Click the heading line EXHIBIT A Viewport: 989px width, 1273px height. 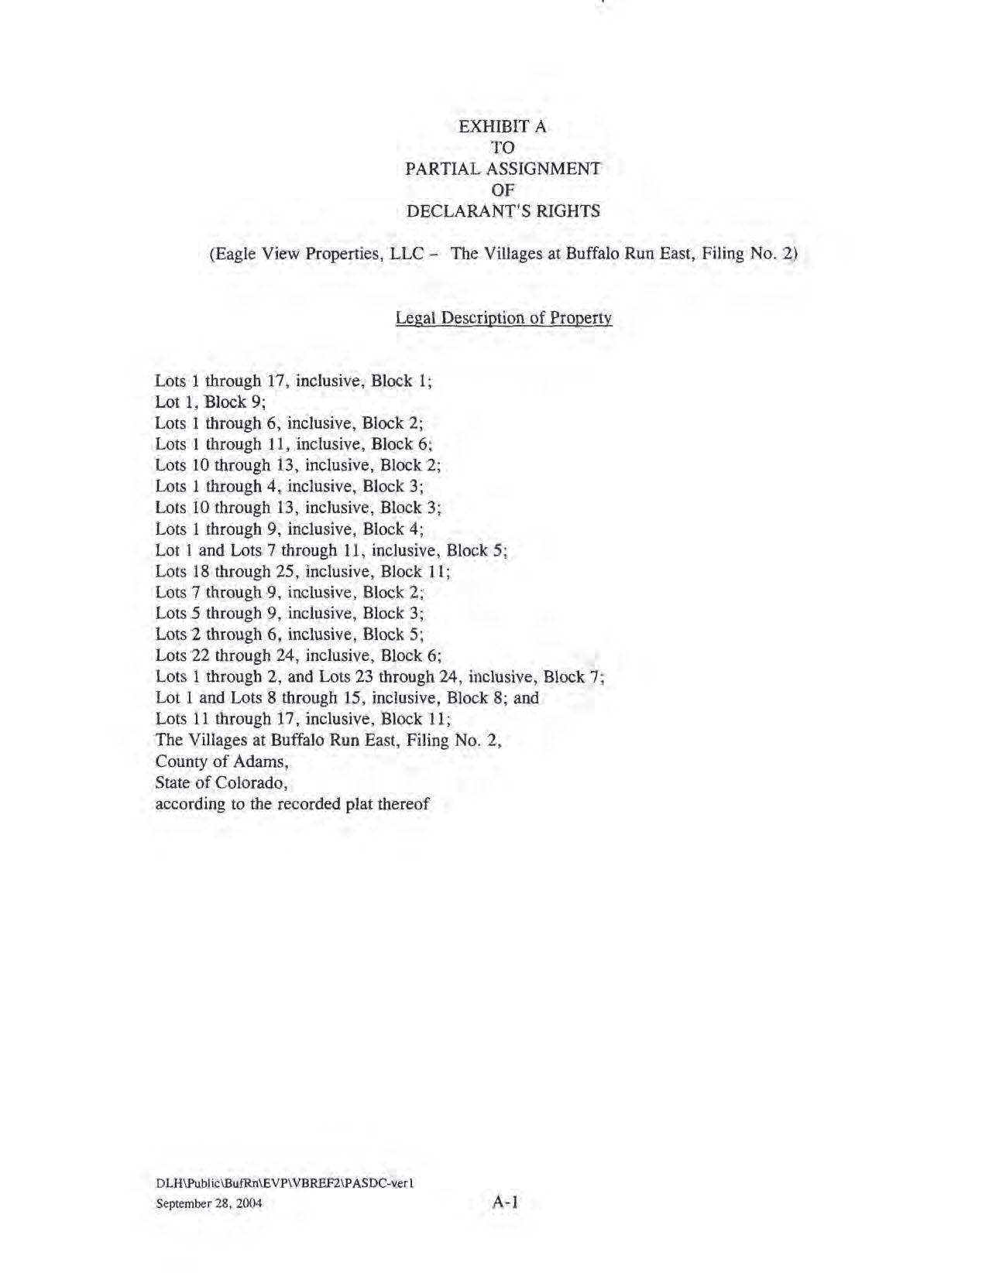503,127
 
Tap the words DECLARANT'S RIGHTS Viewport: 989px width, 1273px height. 503,211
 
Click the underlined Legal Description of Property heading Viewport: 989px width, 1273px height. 503,318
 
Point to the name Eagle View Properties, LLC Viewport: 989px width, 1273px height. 318,254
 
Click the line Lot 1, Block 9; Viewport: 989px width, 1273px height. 211,402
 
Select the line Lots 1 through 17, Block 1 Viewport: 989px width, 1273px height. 294,381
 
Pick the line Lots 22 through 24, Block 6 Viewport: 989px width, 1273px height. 298,655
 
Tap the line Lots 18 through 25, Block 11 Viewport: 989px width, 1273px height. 303,571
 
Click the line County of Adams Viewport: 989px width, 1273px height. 221,761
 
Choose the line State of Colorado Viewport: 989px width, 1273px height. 221,782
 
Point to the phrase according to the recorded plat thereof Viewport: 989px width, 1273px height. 292,803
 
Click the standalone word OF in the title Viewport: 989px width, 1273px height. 503,190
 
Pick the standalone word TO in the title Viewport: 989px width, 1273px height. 503,148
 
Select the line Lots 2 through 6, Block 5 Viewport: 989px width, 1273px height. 289,635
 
